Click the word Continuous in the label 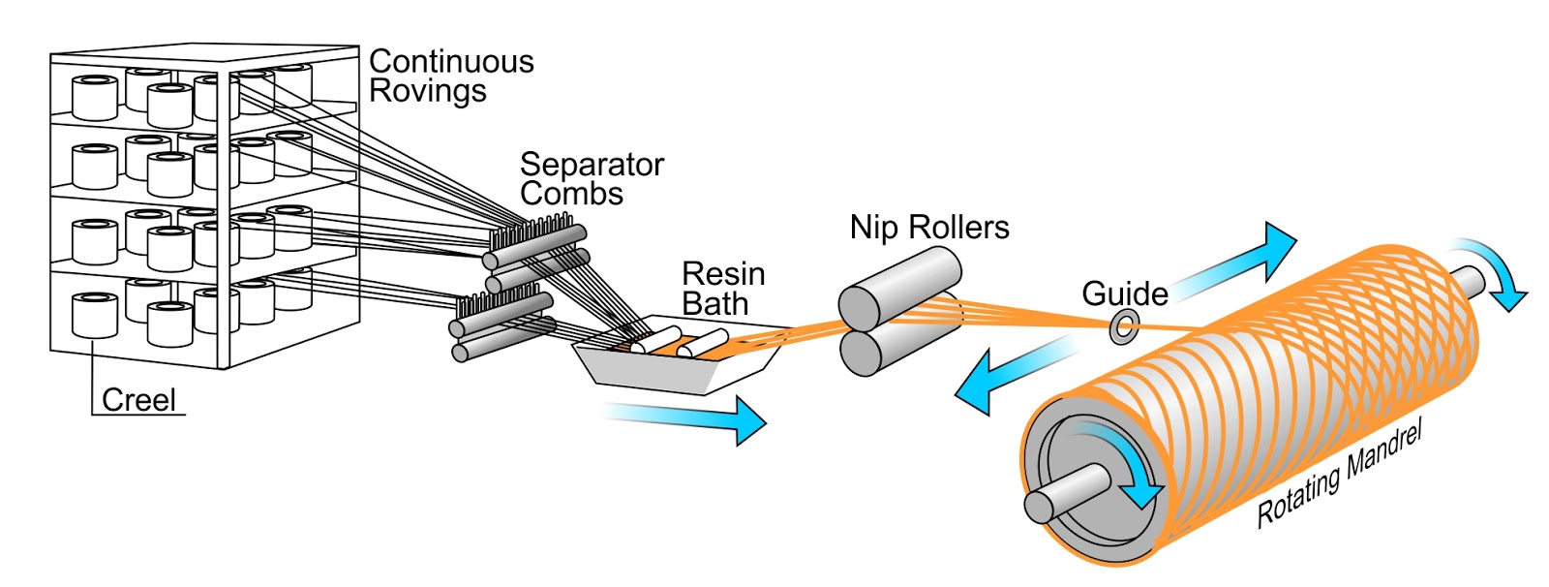click(x=451, y=62)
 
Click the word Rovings click(x=427, y=92)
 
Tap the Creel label click(x=138, y=400)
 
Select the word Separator click(x=592, y=165)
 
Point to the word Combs click(x=571, y=194)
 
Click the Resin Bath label click(x=722, y=289)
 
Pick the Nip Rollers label click(x=928, y=228)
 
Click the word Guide click(x=1124, y=293)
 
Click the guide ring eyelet click(x=1124, y=327)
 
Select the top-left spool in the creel click(x=95, y=98)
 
